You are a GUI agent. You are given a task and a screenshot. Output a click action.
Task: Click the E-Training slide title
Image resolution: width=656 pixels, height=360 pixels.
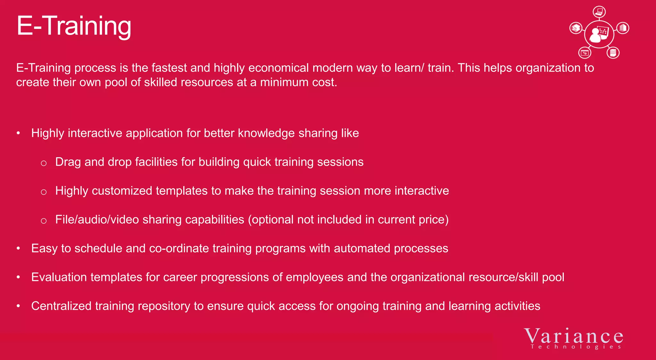[x=74, y=26]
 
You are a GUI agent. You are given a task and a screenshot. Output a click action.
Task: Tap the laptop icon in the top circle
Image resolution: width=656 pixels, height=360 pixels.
[x=599, y=12]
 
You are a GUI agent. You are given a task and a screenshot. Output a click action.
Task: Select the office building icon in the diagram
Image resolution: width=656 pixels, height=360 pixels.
[x=623, y=28]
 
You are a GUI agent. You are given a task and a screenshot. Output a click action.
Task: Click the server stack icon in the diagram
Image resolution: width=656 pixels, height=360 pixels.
[x=613, y=53]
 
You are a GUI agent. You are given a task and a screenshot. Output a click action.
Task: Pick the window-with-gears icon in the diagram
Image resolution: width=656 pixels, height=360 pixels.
[x=585, y=53]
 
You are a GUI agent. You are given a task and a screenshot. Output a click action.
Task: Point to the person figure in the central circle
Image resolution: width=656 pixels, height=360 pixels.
[x=595, y=36]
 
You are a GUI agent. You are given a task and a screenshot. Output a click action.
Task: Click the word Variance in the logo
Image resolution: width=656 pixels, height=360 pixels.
[x=574, y=336]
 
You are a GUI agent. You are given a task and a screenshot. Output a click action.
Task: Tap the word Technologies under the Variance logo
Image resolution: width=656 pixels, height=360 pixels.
[x=576, y=347]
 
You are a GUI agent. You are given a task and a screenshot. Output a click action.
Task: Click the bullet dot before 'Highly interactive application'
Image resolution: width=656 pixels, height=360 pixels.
[x=19, y=133]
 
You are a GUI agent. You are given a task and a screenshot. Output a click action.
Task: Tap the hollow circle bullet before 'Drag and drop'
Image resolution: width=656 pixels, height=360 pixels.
[x=44, y=163]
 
